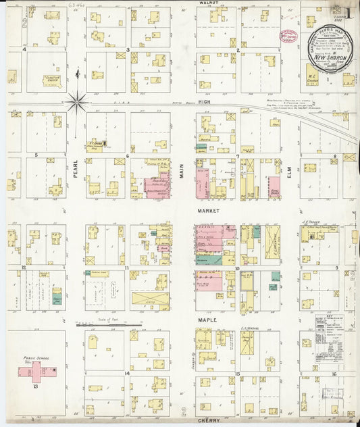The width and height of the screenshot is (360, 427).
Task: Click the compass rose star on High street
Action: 77,102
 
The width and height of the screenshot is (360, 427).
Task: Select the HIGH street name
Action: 205,102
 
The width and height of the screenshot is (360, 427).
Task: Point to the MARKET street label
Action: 205,211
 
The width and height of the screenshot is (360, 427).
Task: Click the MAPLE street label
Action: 205,319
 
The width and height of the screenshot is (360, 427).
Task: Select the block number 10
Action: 238,268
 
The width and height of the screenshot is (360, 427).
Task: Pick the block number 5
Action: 34,155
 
